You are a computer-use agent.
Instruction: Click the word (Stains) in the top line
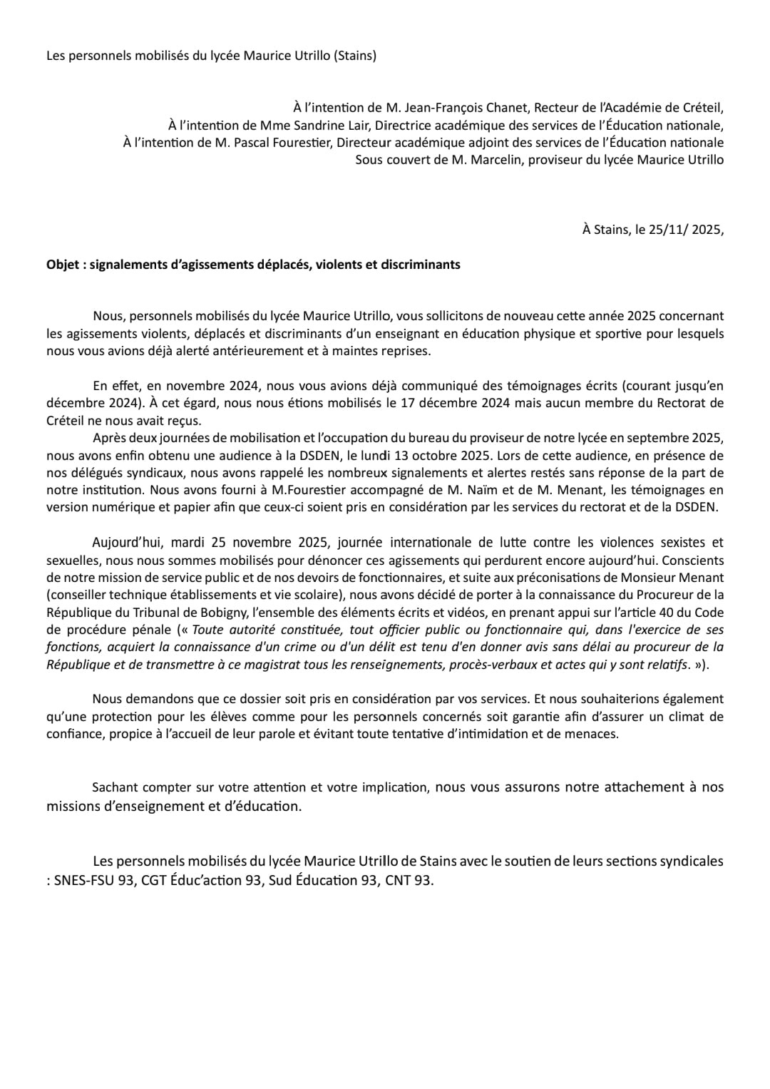coord(354,56)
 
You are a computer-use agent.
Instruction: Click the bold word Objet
coord(63,265)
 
